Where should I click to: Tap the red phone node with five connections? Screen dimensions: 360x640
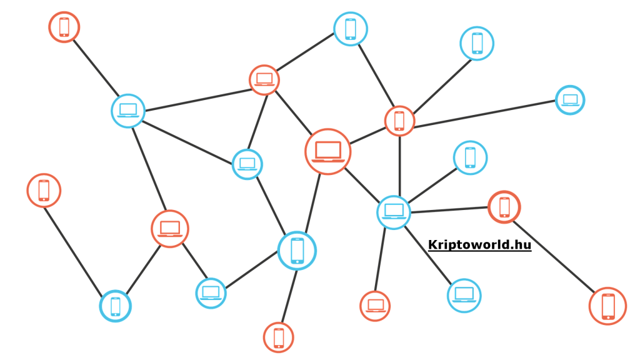[x=399, y=121]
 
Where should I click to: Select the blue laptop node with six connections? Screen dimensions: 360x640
[x=394, y=212]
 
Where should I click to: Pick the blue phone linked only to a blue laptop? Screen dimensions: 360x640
[x=469, y=157]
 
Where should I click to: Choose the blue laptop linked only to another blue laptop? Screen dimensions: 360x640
[x=464, y=295]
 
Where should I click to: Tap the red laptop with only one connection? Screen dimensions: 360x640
[x=375, y=306]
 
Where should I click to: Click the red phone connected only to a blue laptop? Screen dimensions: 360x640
[x=64, y=27]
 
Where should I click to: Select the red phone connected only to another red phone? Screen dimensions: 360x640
[x=607, y=306]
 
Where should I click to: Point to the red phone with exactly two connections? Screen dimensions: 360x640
[x=504, y=207]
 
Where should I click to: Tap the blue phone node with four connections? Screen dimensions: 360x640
[x=297, y=250]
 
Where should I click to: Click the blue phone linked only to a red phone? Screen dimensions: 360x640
[x=477, y=43]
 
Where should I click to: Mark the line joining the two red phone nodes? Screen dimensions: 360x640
[x=556, y=256]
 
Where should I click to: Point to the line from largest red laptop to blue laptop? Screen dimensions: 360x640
[x=362, y=182]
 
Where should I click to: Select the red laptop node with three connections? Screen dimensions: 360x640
[x=169, y=229]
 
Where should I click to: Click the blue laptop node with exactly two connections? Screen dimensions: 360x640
[x=211, y=292]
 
